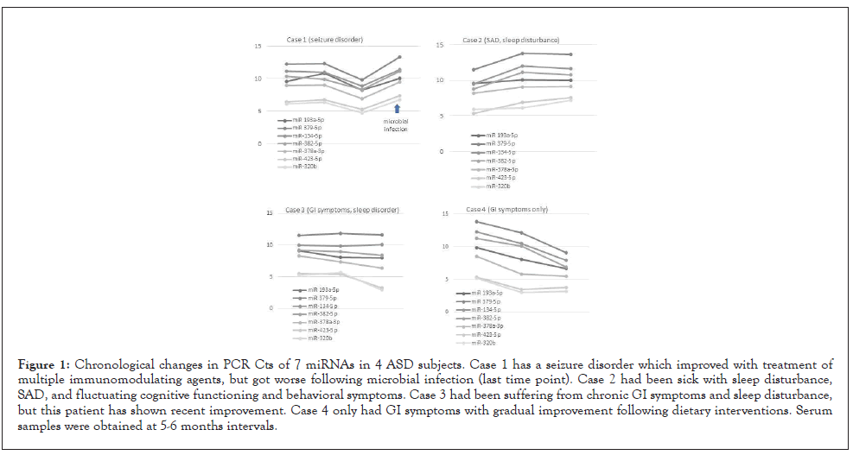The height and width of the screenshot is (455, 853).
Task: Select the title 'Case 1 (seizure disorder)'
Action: tap(325, 40)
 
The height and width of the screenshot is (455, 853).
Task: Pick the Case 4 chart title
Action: tap(506, 210)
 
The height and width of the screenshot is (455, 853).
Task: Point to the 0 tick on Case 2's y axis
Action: tap(441, 151)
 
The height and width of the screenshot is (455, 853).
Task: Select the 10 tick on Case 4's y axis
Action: tap(445, 246)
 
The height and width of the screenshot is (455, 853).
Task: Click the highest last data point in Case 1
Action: tap(399, 57)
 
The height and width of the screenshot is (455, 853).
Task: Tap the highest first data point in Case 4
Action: tap(476, 222)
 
